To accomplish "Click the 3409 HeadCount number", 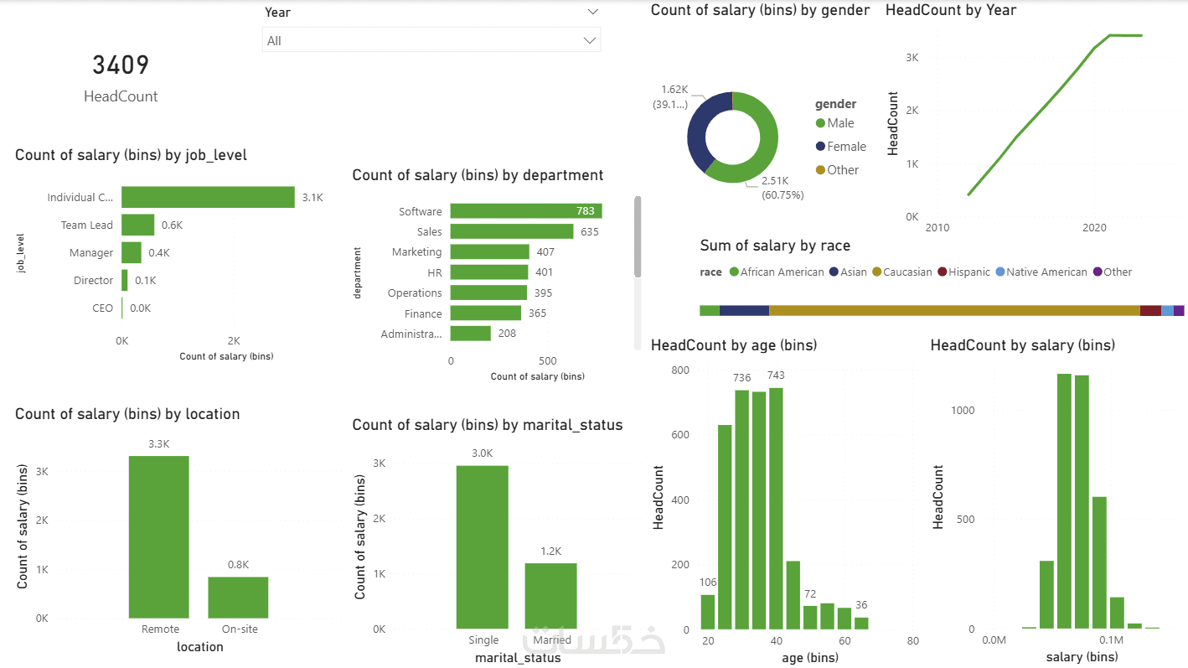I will [121, 65].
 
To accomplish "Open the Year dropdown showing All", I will [431, 40].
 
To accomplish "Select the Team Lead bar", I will [138, 225].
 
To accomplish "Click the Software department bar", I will [525, 211].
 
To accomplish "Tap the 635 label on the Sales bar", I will [590, 231].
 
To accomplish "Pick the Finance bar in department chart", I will [485, 313].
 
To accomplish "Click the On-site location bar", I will [238, 597].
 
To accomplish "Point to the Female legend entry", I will [846, 147].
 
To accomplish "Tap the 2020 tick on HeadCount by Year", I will [1094, 228].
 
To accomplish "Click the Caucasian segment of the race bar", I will [954, 311].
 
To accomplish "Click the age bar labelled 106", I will [708, 611].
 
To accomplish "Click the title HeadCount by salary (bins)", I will [1022, 345].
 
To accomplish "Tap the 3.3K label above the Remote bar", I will [158, 443].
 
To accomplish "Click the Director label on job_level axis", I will [93, 280].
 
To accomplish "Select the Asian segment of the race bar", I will [744, 311].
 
